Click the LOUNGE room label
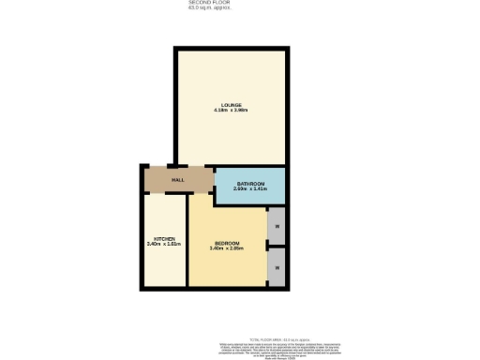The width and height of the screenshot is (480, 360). coord(232,104)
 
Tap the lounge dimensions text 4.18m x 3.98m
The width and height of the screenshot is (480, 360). coord(232,111)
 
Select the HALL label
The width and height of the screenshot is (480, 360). coord(176,179)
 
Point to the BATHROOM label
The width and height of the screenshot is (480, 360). coord(250,183)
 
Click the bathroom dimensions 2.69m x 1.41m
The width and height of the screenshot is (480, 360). coord(250,189)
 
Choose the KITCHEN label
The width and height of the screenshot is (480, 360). coord(164,239)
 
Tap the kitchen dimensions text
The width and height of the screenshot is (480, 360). coord(164,246)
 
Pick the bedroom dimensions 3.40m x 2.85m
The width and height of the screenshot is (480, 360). coord(228,248)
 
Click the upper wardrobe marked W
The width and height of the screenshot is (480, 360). coord(277,226)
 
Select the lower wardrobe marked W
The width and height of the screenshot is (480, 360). coord(277,268)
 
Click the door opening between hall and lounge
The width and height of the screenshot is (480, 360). coord(171,165)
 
